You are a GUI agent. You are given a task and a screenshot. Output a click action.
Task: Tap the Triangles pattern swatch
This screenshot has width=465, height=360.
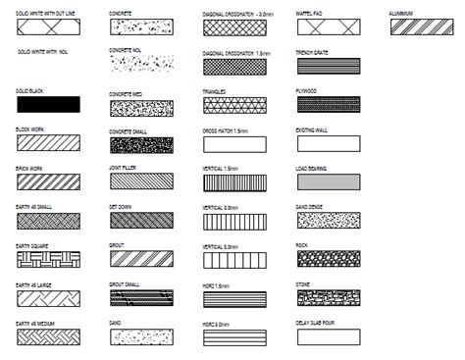(234, 106)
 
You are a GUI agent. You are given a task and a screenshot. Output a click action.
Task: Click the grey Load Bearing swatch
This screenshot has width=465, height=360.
(328, 183)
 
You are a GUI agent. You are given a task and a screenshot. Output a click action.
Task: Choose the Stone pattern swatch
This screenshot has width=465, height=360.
(328, 296)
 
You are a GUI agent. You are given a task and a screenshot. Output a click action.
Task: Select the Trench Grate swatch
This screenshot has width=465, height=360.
(328, 67)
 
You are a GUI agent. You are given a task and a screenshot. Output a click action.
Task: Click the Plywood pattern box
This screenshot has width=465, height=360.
(328, 105)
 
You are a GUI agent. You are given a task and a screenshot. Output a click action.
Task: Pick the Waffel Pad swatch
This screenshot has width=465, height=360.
(328, 29)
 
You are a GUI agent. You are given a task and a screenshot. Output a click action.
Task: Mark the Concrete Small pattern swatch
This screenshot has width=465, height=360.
(141, 144)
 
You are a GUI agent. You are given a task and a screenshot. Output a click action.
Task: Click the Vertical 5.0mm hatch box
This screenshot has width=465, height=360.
(234, 260)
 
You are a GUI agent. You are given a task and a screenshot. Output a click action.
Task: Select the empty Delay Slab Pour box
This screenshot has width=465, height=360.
(328, 336)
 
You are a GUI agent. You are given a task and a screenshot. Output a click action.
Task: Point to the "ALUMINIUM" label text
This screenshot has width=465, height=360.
(401, 14)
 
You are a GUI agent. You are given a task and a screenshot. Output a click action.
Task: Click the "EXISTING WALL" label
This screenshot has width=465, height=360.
(311, 129)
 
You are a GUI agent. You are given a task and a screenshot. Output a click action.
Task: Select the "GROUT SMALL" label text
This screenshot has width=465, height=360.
(125, 283)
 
